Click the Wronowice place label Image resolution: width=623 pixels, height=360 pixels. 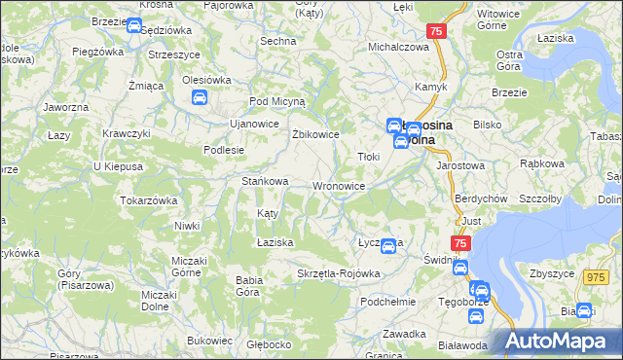339,185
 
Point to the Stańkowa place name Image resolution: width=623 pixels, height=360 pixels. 265,180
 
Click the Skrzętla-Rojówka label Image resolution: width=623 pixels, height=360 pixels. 339,273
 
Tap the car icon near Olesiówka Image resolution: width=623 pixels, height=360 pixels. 200,97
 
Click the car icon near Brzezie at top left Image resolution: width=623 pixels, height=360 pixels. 134,26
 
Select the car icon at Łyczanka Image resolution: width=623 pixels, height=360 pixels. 388,247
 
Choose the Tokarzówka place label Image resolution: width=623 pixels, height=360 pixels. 148,199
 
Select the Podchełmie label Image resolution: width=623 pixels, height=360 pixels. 387,302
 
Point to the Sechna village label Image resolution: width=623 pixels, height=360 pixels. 277,41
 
